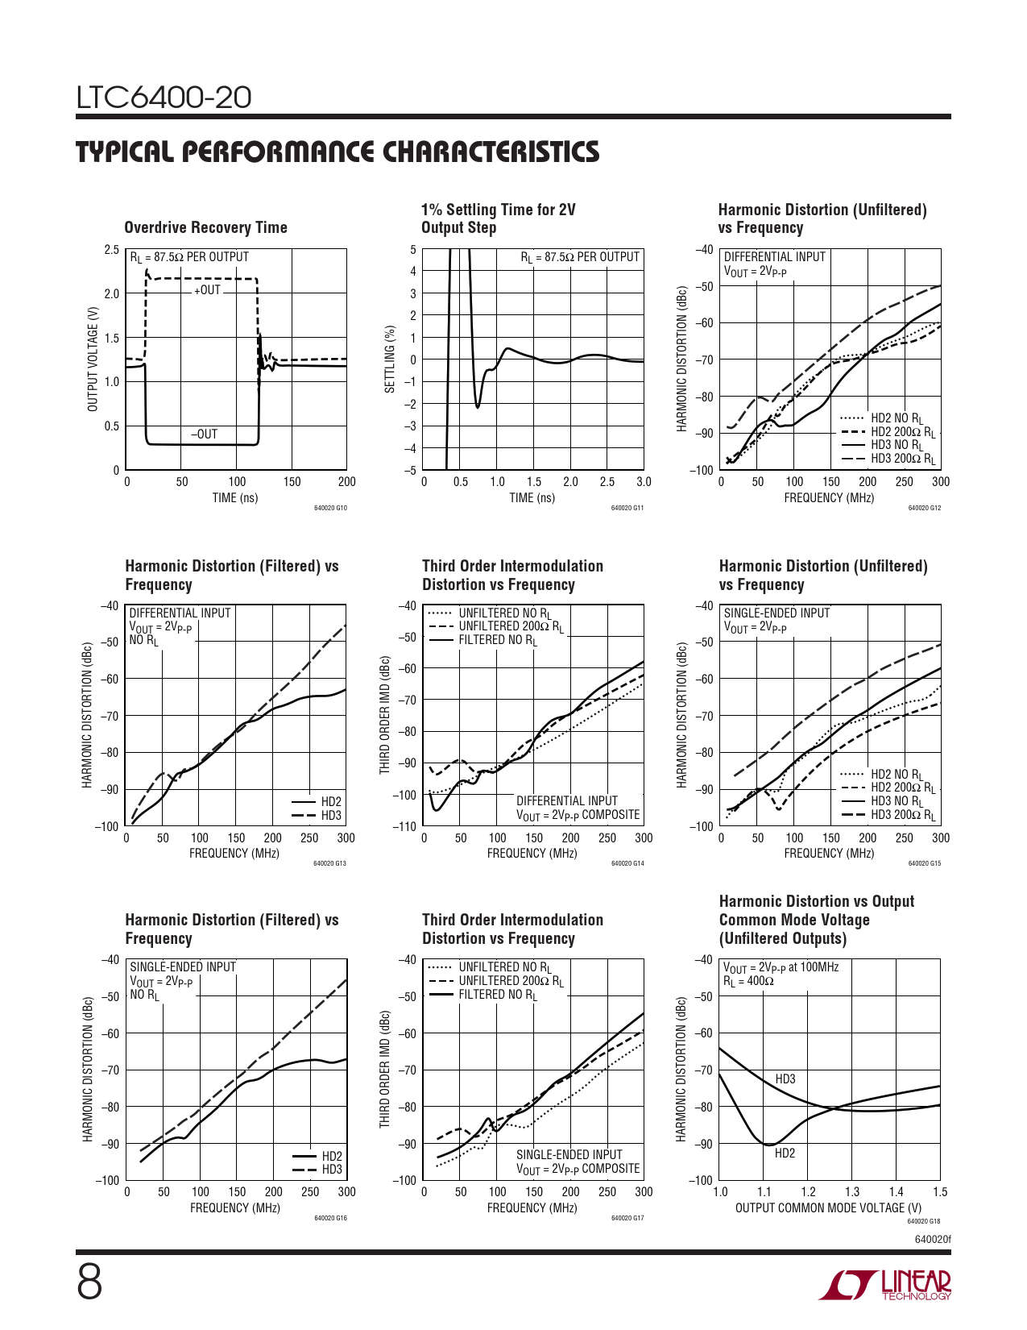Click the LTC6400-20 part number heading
[164, 98]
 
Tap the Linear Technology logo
[884, 1285]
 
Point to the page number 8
[89, 1282]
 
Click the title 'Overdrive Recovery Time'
[205, 227]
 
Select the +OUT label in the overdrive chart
[207, 290]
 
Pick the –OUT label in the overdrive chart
[205, 434]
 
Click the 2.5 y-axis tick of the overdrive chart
[111, 250]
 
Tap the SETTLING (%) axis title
[391, 360]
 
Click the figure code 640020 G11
[627, 509]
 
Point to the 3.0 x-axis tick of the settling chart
[644, 482]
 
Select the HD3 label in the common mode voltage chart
[785, 1079]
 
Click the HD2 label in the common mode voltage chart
[785, 1153]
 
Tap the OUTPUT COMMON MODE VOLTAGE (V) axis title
[828, 1207]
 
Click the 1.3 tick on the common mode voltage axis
[851, 1192]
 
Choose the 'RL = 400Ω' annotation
[748, 981]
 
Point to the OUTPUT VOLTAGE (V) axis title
[93, 360]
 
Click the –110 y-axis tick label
[405, 826]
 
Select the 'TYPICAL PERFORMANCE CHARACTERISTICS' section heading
[338, 152]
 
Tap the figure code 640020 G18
[924, 1221]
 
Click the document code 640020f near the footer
[933, 1239]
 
